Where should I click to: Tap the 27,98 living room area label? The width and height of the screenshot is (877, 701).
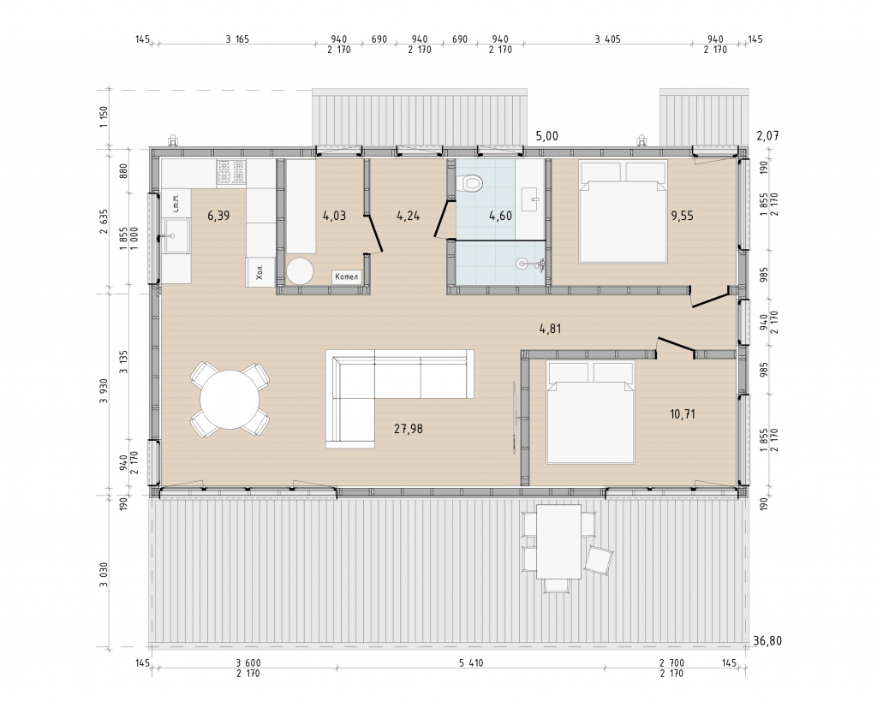[x=409, y=429]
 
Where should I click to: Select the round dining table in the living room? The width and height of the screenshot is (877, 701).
[x=230, y=400]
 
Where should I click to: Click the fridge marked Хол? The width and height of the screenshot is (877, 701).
[x=260, y=272]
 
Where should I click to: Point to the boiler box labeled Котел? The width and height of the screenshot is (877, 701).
[x=346, y=276]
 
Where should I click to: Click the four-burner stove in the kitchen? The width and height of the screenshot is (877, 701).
[x=231, y=172]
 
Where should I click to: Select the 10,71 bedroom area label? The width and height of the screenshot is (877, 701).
[x=683, y=413]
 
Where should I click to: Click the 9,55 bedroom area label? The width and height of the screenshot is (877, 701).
[x=683, y=215]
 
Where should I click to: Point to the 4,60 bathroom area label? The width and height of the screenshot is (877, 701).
[x=500, y=215]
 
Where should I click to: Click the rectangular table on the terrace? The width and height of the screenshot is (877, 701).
[x=558, y=542]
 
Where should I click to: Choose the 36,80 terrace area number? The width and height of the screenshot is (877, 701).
[x=767, y=640]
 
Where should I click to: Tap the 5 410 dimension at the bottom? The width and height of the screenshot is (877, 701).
[x=471, y=663]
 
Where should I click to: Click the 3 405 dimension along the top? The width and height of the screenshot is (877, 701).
[x=607, y=39]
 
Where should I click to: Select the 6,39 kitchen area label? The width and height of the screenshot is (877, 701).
[x=218, y=215]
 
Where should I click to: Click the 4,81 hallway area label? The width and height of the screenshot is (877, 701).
[x=550, y=329]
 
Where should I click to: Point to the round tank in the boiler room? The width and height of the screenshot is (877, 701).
[x=301, y=271]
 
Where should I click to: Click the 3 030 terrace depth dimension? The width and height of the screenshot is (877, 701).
[x=104, y=574]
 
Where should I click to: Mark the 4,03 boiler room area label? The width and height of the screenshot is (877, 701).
[x=335, y=215]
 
